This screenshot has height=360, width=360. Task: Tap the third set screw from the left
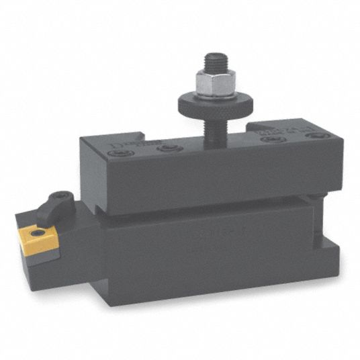(270, 140)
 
